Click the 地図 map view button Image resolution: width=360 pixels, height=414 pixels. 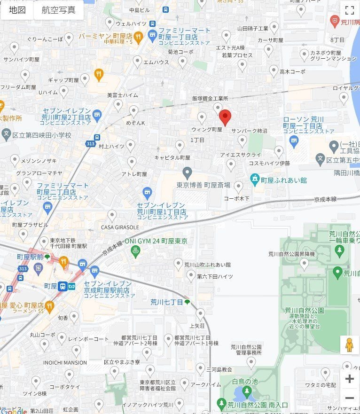(x=17, y=10)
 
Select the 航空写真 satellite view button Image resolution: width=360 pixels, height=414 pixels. (x=58, y=10)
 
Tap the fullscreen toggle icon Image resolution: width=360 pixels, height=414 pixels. (x=349, y=10)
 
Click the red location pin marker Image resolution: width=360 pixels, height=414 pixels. (x=225, y=117)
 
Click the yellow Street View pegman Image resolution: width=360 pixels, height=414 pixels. (x=349, y=345)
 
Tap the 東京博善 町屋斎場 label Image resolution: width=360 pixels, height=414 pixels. (x=203, y=185)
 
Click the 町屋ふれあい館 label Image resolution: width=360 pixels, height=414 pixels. (x=283, y=180)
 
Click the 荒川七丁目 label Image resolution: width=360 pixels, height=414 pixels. (x=166, y=302)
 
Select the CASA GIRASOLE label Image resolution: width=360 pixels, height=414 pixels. (x=119, y=227)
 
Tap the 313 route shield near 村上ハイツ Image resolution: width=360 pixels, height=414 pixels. (x=89, y=144)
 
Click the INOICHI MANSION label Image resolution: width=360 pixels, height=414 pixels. (x=65, y=362)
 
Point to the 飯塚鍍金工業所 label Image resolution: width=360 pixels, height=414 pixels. (x=210, y=99)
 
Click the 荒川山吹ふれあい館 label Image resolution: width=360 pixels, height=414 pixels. (x=207, y=265)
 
